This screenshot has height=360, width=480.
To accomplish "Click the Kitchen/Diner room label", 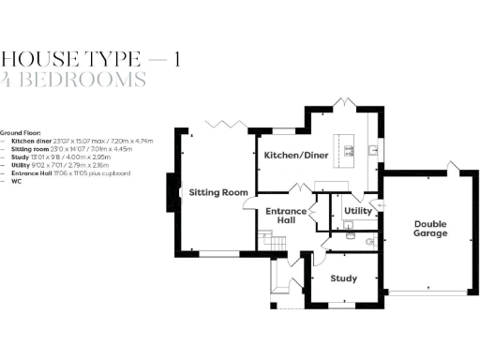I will coord(294,155).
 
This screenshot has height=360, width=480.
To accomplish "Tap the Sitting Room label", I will coord(218,192).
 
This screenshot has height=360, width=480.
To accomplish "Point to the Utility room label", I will coord(358,212).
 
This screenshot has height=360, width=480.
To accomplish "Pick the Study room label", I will coord(344,278).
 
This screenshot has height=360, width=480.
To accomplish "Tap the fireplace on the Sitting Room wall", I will coord(172,191).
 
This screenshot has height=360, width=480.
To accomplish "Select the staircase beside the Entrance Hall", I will coord(273,244).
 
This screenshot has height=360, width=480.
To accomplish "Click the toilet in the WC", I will coord(369,241).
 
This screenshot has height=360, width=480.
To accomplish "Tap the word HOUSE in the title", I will coord(40,59).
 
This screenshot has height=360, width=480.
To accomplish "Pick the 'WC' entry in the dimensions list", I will coord(16,181).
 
